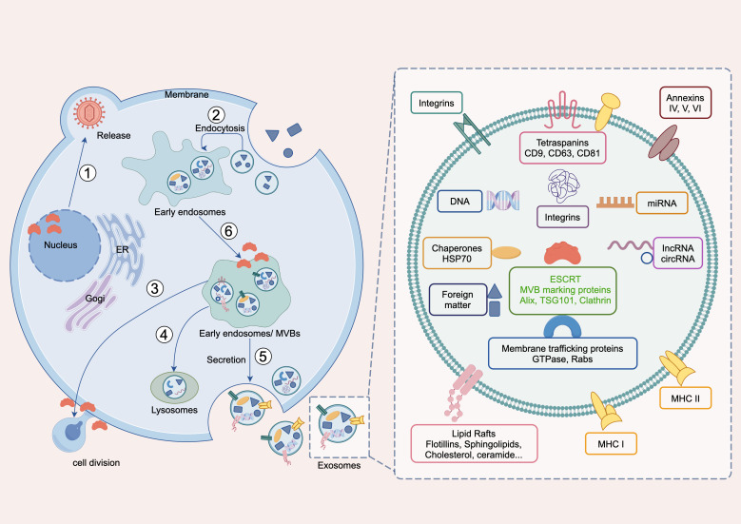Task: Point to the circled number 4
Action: (x=165, y=334)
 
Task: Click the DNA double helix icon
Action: (x=504, y=201)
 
